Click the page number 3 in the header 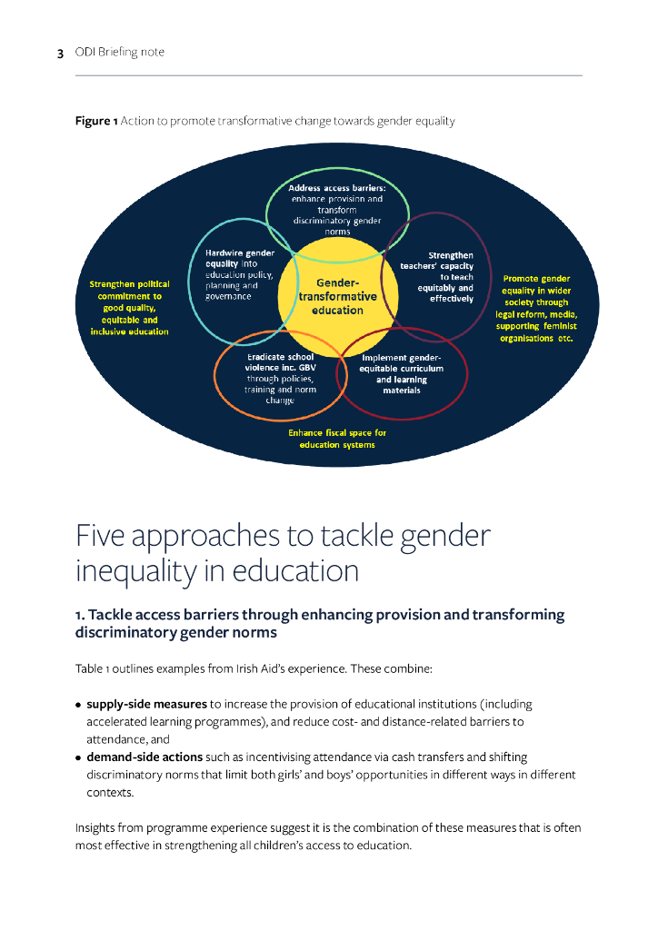(60, 53)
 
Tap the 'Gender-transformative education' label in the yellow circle (337, 297)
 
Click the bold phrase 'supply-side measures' (146, 704)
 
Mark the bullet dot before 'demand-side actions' (79, 757)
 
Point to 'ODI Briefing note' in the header (119, 53)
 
